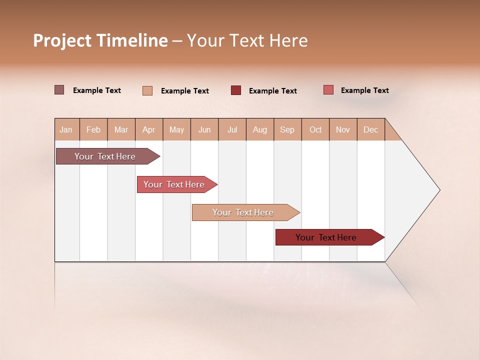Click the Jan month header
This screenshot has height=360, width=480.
pyautogui.click(x=66, y=129)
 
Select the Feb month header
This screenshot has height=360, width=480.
pyautogui.click(x=93, y=129)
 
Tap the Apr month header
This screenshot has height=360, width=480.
pyautogui.click(x=149, y=129)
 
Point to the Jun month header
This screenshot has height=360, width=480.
pyautogui.click(x=204, y=129)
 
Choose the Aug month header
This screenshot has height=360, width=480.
pyautogui.click(x=260, y=129)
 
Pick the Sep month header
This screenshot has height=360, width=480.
pyautogui.click(x=287, y=129)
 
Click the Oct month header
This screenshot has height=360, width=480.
pyautogui.click(x=315, y=129)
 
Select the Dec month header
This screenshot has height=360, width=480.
pyautogui.click(x=371, y=129)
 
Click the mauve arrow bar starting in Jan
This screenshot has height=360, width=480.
pyautogui.click(x=105, y=156)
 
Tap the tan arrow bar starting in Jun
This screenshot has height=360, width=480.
pyautogui.click(x=243, y=212)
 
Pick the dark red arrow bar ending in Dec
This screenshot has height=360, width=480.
pyautogui.click(x=326, y=237)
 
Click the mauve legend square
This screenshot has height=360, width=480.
pyautogui.click(x=59, y=90)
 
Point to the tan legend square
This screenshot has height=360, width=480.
pyautogui.click(x=147, y=90)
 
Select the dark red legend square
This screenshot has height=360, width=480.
pyautogui.click(x=236, y=90)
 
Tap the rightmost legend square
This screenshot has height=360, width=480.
pyautogui.click(x=328, y=90)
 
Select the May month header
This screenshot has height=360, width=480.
pyautogui.click(x=176, y=129)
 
